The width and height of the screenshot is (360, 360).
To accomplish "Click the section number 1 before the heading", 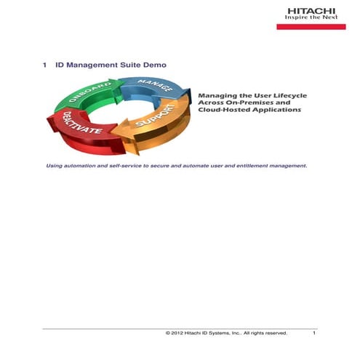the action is click(46, 65).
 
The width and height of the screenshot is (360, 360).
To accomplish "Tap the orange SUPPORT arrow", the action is click(156, 127).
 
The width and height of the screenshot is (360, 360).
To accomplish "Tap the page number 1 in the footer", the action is click(314, 333).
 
